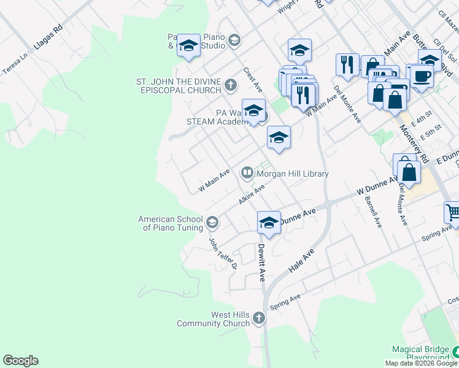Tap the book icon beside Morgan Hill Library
247,174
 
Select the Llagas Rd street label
49,38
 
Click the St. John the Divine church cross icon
230,85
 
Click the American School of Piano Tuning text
170,223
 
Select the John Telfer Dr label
222,254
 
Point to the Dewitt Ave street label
261,262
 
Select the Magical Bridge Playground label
421,353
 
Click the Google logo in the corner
20,361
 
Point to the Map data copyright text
421,363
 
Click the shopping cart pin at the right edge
453,212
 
